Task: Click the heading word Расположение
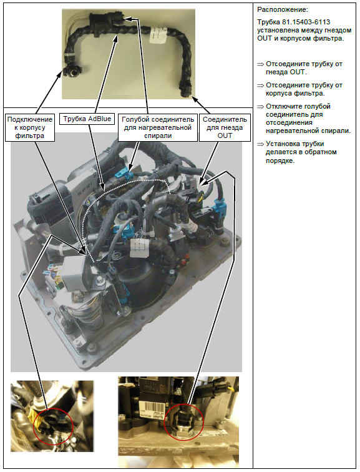[x=283, y=10]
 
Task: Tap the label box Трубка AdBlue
[x=87, y=119]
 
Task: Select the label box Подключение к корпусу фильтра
[x=30, y=127]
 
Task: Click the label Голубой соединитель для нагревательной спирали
[x=158, y=127]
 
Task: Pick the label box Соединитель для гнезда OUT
[x=225, y=127]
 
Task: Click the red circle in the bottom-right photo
[x=184, y=421]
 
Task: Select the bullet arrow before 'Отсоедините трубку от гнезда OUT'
[x=260, y=64]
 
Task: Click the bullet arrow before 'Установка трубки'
[x=260, y=144]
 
